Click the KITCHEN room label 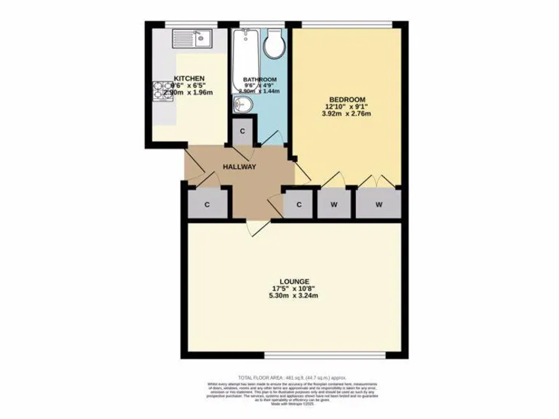(189, 79)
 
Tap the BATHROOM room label (260, 79)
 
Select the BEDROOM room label (346, 99)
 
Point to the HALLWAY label (239, 167)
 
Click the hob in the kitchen (161, 91)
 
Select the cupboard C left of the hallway (207, 204)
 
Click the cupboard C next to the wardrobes (298, 204)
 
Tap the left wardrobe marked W (334, 204)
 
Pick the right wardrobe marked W (378, 204)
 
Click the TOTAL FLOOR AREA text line (279, 378)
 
